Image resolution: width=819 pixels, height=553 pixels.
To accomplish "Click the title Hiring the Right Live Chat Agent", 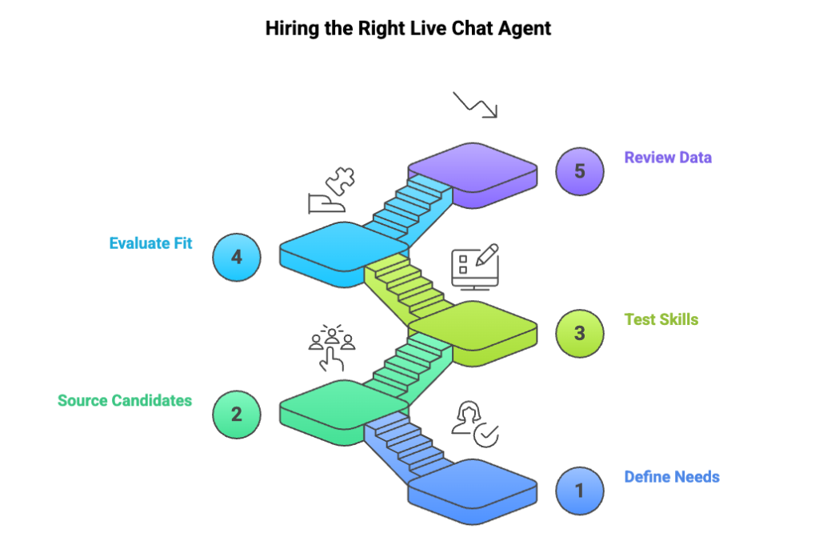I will tap(409, 29).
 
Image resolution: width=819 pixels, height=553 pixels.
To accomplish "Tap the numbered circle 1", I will tap(580, 490).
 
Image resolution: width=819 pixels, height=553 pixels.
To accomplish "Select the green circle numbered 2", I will tap(237, 414).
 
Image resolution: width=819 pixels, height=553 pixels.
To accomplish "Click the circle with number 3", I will tap(580, 333).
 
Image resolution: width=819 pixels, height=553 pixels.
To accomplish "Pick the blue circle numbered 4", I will tap(237, 257).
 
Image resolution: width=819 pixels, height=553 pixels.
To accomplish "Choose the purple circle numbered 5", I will tap(580, 171).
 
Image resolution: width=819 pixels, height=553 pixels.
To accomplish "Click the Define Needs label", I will tap(672, 477).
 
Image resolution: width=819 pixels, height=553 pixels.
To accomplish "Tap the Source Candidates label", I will tap(125, 400).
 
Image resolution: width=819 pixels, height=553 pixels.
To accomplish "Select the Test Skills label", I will tap(661, 319).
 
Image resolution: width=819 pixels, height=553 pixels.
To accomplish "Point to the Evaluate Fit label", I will tap(150, 243).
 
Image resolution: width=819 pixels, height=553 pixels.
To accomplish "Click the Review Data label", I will tap(668, 158).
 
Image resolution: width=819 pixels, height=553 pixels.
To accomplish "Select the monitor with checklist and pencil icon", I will tap(475, 266).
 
